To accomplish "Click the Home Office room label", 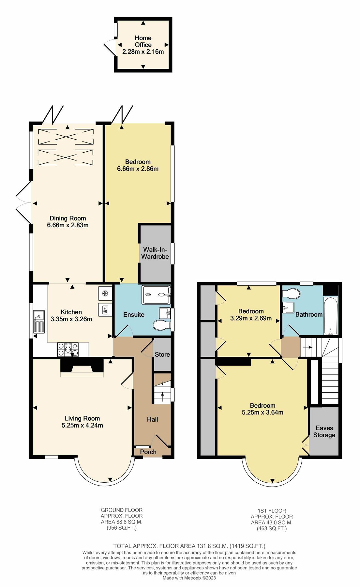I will tap(143, 41).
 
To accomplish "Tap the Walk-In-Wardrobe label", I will tap(155, 253).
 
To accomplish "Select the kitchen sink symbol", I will tap(39, 322).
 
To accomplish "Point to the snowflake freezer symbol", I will tap(105, 293).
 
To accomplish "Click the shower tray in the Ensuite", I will tap(156, 295).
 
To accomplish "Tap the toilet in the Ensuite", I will tap(161, 325).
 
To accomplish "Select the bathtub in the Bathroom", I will tap(331, 316).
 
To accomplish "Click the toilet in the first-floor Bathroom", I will tap(292, 293).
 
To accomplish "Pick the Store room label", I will tap(162, 354).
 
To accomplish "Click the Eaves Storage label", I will tap(324, 431).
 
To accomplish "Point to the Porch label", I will tap(148, 452).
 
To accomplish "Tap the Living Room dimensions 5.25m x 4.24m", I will tap(82, 425).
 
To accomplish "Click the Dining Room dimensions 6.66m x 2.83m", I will tap(68, 225).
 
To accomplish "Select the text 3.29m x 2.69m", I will tap(251, 318).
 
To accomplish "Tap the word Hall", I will tap(152, 419).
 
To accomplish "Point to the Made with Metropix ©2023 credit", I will tap(189, 578).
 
